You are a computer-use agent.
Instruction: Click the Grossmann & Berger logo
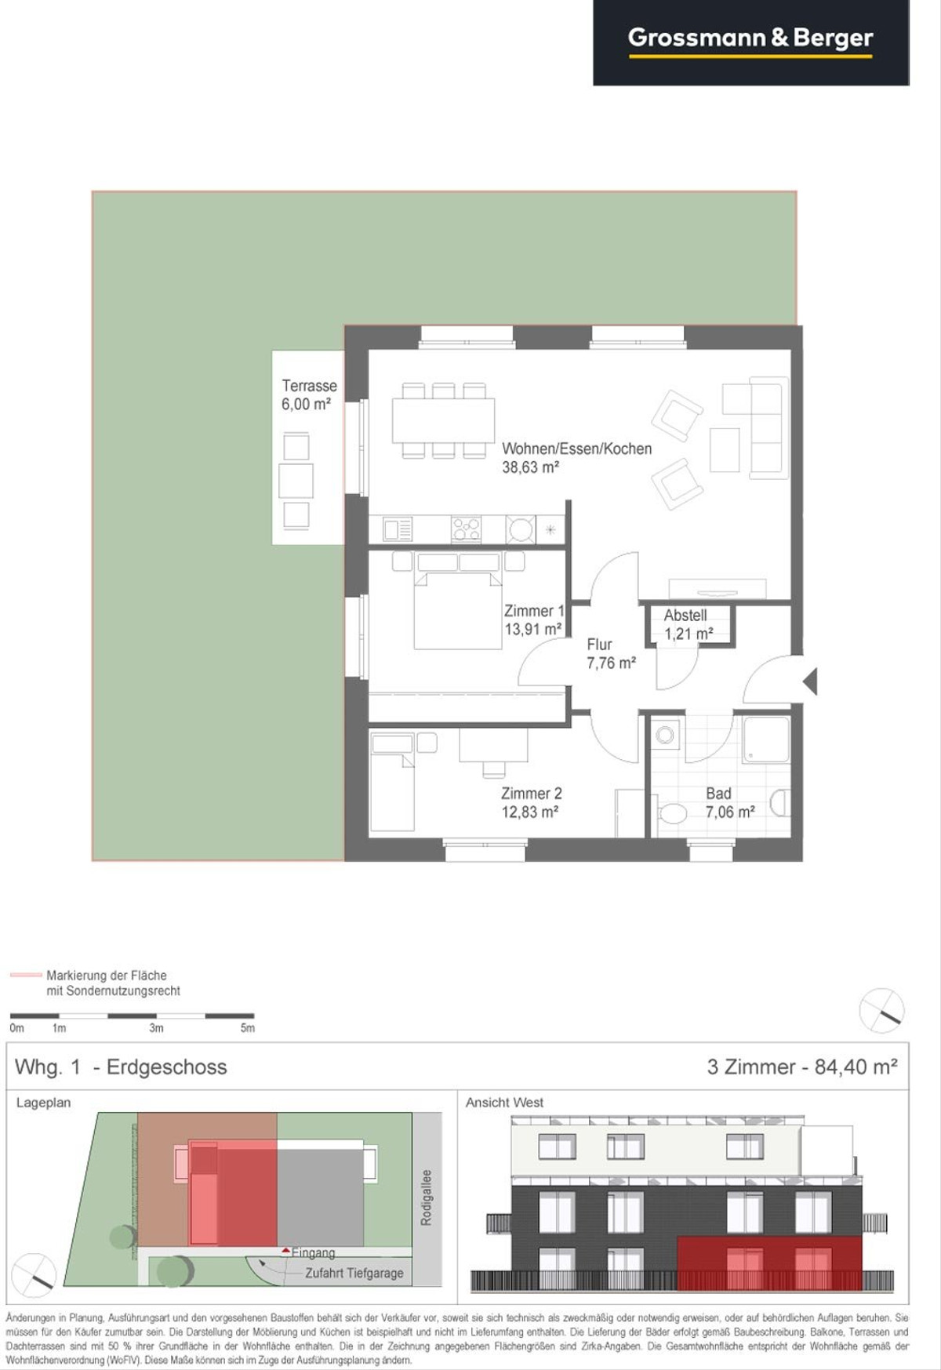[x=750, y=39]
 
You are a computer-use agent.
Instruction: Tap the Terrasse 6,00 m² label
[x=309, y=394]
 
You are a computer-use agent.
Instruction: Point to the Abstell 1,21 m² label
[x=688, y=624]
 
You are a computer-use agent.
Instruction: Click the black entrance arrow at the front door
[x=810, y=681]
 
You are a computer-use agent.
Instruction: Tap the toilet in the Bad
[x=671, y=813]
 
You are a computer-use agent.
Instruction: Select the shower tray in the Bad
[x=766, y=740]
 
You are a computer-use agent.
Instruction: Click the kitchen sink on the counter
[x=397, y=529]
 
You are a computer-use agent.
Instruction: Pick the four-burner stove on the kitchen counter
[x=466, y=529]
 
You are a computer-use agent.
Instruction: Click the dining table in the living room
[x=443, y=420]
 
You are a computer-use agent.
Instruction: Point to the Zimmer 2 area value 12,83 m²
[x=530, y=812]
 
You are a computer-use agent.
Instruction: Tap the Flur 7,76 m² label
[x=611, y=653]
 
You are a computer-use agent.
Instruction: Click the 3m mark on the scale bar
[x=157, y=1027]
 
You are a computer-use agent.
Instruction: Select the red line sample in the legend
[x=25, y=975]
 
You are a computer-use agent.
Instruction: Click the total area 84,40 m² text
[x=856, y=1067]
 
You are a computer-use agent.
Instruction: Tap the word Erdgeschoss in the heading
[x=167, y=1067]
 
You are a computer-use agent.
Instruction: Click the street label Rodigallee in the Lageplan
[x=426, y=1197]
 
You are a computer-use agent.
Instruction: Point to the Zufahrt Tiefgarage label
[x=354, y=1274]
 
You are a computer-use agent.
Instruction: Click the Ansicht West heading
[x=504, y=1103]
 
